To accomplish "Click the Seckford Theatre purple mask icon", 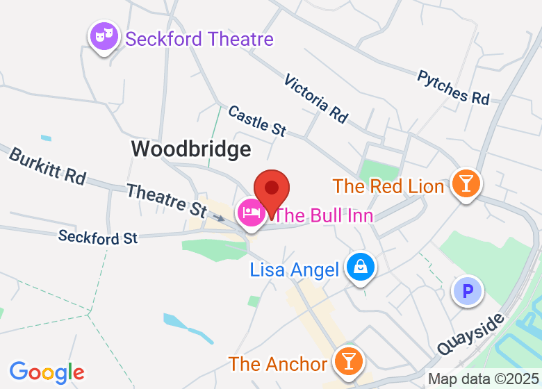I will point(104,36).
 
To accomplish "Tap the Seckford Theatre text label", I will point(199,39).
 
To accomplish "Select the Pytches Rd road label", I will point(453,88).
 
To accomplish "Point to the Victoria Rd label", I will point(315,99).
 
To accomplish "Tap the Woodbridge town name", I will point(191,149).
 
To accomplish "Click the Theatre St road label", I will point(166,199).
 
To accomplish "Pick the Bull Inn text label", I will point(324,215).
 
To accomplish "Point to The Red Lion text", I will point(388,186).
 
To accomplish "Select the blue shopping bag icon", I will point(361,267).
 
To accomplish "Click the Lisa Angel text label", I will point(295,270).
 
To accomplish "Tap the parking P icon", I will point(468,290).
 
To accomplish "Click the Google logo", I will point(47,372).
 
